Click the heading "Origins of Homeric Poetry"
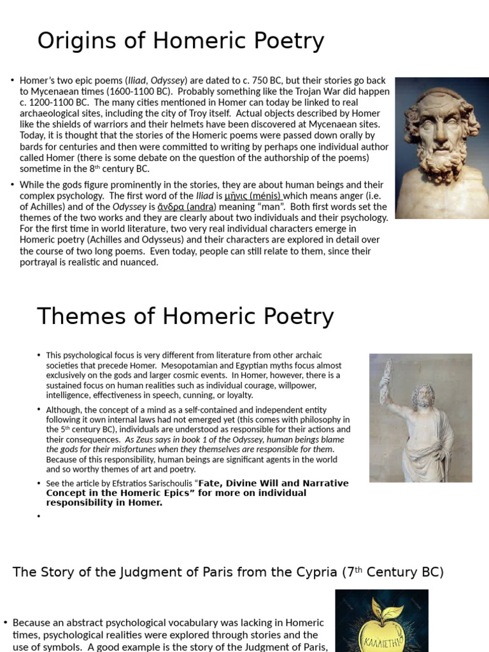point(180,41)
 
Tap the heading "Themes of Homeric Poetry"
point(185,316)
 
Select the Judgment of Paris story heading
point(228,572)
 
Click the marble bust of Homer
point(442,148)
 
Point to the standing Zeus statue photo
point(420,418)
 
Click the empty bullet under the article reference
point(39,516)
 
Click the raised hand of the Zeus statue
point(385,382)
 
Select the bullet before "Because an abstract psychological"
point(6,623)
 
